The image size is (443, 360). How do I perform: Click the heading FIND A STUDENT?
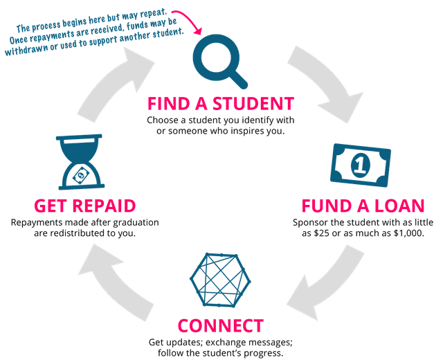point(220,105)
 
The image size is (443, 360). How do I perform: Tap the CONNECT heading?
point(221,325)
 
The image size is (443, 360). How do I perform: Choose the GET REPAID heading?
point(84,206)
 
